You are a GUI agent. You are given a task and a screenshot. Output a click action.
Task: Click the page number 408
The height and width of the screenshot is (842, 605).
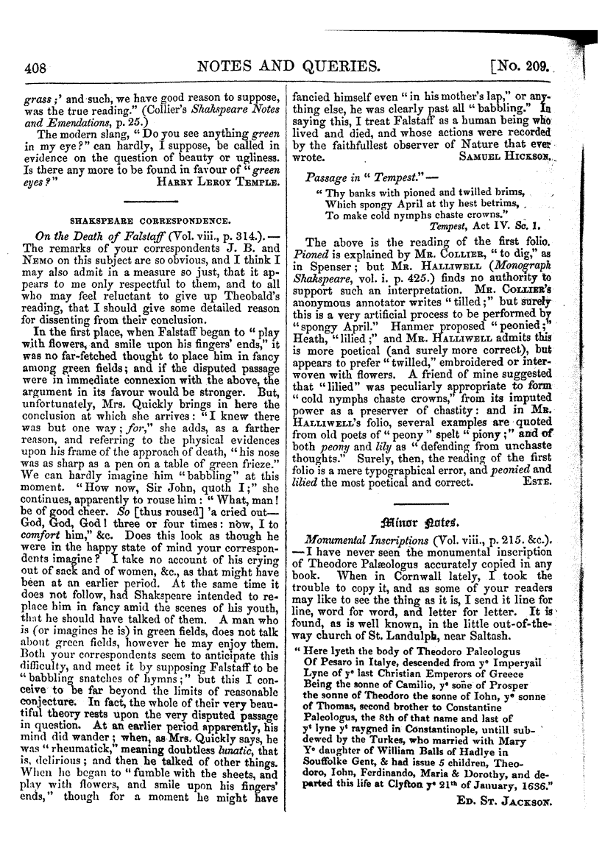[35, 68]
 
